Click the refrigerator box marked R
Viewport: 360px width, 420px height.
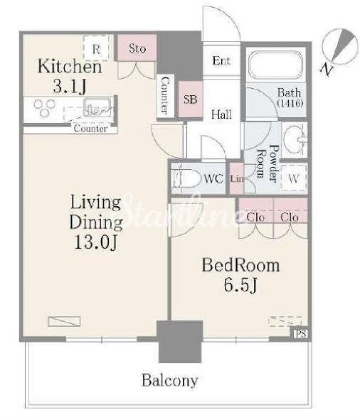(x=96, y=48)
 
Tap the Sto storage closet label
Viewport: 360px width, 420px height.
(x=137, y=48)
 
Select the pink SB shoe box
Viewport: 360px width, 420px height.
(x=190, y=99)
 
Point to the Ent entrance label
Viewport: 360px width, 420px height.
(x=221, y=61)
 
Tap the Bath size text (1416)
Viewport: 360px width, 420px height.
(x=290, y=103)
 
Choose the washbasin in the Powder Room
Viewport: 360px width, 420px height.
(x=295, y=139)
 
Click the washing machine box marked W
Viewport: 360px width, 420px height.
(x=294, y=178)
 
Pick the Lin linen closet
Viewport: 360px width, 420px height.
(x=237, y=178)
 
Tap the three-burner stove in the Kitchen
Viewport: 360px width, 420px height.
(x=45, y=107)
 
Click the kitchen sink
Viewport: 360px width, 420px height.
(x=97, y=107)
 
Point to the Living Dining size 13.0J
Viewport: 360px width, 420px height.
(x=95, y=242)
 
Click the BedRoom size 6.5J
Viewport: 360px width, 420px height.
(x=240, y=285)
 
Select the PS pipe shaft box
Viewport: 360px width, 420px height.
(x=300, y=334)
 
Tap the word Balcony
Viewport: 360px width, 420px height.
(x=170, y=380)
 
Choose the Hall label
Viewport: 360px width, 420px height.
(x=221, y=114)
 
